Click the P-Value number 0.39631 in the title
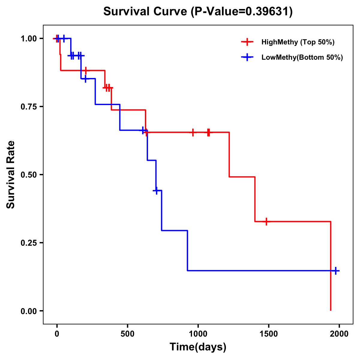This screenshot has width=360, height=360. click(x=268, y=11)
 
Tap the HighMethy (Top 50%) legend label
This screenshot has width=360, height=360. click(x=298, y=42)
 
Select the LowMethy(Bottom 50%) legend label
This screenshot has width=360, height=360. click(x=302, y=57)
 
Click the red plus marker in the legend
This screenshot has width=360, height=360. click(x=247, y=42)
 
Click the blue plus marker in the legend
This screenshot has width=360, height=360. click(x=247, y=57)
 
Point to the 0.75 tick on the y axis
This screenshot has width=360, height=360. click(x=28, y=106)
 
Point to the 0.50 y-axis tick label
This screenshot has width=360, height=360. click(x=28, y=175)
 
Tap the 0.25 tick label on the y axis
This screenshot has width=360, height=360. click(x=28, y=243)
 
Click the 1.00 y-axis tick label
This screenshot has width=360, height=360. click(x=28, y=38)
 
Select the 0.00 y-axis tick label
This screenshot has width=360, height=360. click(x=28, y=311)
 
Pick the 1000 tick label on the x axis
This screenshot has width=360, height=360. click(x=198, y=334)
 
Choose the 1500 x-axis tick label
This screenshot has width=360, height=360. click(x=268, y=334)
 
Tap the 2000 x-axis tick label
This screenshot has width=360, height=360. click(x=339, y=334)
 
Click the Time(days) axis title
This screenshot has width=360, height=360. click(x=198, y=347)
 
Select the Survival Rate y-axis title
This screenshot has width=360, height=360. click(x=11, y=175)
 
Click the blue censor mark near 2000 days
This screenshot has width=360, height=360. click(x=336, y=271)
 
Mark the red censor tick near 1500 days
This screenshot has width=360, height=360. click(x=266, y=221)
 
